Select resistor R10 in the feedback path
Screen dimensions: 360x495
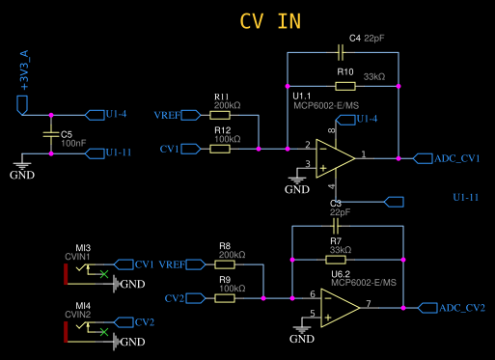point(344,86)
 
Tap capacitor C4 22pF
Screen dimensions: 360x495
point(344,50)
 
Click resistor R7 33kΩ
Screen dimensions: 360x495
point(336,259)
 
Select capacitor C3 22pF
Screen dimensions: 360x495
point(336,225)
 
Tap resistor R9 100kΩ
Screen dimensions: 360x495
point(225,298)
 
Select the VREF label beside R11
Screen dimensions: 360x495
point(168,115)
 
